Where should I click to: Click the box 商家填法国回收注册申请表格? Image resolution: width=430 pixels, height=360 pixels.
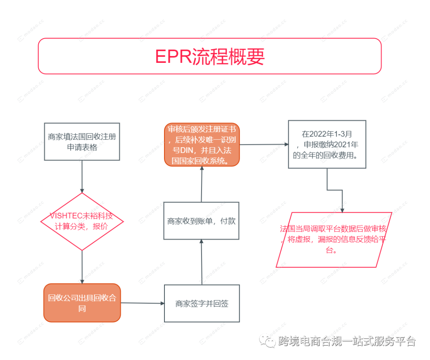pyautogui.click(x=82, y=142)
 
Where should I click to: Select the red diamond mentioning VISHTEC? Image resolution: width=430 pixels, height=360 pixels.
pyautogui.click(x=82, y=222)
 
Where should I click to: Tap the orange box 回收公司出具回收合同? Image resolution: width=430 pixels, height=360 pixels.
pyautogui.click(x=82, y=303)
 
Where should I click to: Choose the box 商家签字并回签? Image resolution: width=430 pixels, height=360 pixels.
pyautogui.click(x=202, y=303)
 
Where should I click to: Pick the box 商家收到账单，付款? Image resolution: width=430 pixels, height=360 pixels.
pyautogui.click(x=201, y=221)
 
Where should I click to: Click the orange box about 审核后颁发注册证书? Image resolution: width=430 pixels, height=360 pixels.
pyautogui.click(x=202, y=145)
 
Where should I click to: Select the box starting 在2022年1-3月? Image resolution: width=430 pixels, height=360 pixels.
pyautogui.click(x=327, y=144)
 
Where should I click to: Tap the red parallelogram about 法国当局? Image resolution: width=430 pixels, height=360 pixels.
pyautogui.click(x=334, y=239)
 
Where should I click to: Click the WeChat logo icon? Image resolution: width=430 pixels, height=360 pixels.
pyautogui.click(x=267, y=341)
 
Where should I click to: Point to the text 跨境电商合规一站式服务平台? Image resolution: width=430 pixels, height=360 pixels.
pyautogui.click(x=346, y=341)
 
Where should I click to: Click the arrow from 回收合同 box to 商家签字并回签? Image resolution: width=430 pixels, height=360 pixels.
pyautogui.click(x=143, y=303)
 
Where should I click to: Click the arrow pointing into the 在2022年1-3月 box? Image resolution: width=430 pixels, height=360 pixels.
pyautogui.click(x=264, y=144)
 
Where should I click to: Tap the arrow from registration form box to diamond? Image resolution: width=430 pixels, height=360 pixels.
pyautogui.click(x=82, y=177)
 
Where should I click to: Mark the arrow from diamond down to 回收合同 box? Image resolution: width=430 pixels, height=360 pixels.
pyautogui.click(x=82, y=267)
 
